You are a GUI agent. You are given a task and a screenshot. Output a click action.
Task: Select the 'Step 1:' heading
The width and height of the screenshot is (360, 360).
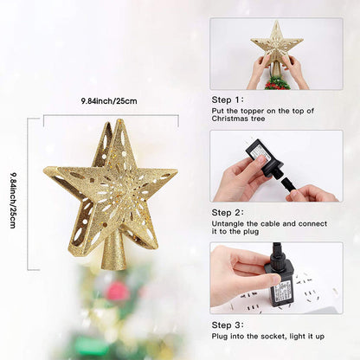coord(227,100)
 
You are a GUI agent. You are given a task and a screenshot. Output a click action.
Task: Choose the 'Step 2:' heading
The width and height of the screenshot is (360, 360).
coord(227,212)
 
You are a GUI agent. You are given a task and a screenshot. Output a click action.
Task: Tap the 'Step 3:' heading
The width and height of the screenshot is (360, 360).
coord(227,325)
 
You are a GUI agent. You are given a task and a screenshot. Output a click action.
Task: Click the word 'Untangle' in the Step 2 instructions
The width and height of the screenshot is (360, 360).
coord(228,224)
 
